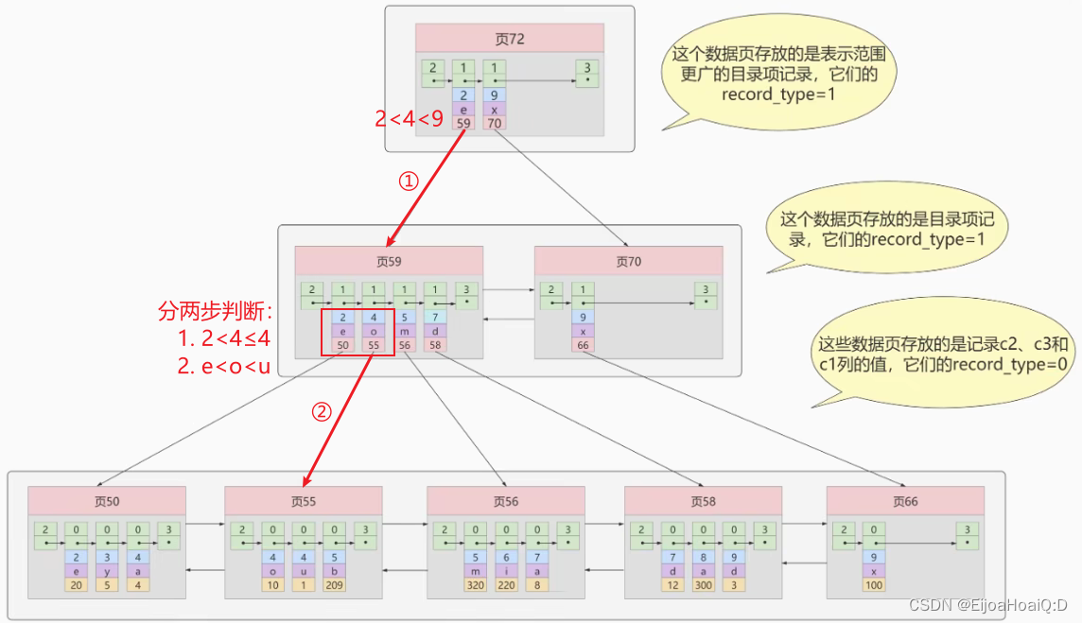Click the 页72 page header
coord(509,39)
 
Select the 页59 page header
coord(389,261)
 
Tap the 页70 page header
coord(628,261)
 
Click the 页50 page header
coord(106,501)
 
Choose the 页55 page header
coord(303,501)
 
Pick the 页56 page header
coord(505,501)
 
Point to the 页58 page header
coord(703,501)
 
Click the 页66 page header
coord(904,501)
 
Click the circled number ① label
coord(408,182)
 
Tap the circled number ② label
coord(323,412)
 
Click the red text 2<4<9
coord(409,117)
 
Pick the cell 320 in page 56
coord(475,586)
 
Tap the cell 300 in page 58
coord(703,586)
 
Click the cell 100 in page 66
coord(874,586)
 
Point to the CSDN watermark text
coord(987,605)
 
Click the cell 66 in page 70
coord(582,346)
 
